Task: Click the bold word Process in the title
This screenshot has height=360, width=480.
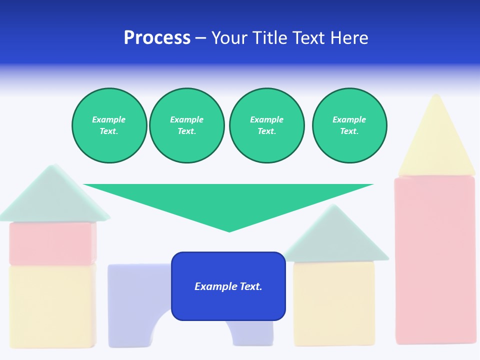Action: coord(157,38)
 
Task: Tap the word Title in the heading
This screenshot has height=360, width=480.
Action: coord(269,38)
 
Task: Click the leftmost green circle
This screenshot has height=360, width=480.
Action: coord(109,125)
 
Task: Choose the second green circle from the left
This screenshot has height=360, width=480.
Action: coord(186,125)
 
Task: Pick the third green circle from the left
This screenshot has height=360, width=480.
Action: coord(266,125)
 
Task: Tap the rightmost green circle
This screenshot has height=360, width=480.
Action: coord(349,125)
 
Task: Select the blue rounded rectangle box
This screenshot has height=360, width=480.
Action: coord(228,305)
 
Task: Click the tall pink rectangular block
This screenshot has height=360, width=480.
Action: coord(435,260)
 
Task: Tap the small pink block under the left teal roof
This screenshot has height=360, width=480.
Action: coord(52,243)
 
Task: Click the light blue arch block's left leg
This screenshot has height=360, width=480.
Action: coord(127,310)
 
